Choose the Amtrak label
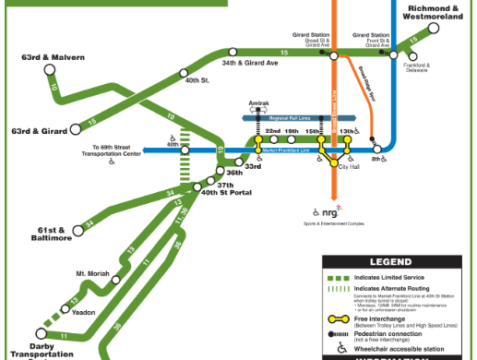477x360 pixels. click(258, 104)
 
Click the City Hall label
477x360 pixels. click(348, 166)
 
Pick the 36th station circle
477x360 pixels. click(221, 167)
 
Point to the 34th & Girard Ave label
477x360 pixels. click(249, 65)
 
